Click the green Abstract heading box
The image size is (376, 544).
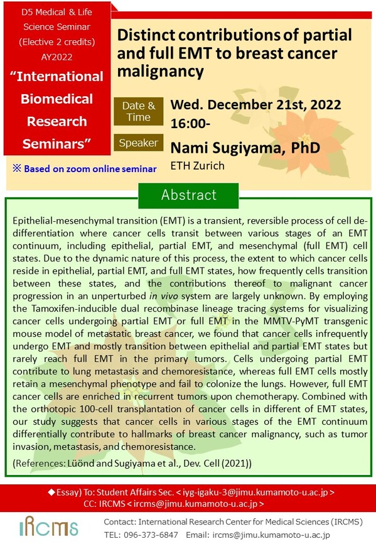188,195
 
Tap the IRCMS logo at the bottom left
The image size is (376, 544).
48,526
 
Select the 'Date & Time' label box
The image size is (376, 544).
139,111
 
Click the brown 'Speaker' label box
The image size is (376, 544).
139,143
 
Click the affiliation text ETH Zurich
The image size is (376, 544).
198,165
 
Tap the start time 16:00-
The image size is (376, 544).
190,124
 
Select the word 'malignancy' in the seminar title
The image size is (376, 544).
161,72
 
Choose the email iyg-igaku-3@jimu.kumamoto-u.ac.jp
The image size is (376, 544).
255,492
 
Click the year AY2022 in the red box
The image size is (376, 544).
57,57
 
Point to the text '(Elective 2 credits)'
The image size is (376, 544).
57,42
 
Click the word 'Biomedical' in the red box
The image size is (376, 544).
57,99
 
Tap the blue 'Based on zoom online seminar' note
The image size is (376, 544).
85,168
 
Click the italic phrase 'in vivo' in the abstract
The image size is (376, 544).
164,296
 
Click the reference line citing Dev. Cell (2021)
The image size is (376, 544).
132,464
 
